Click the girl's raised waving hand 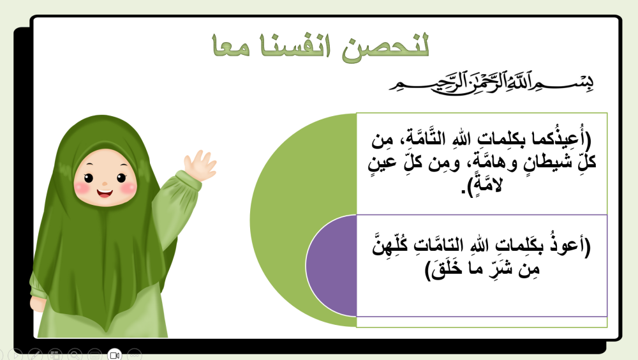pos(199,165)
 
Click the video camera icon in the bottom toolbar pos(114,354)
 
